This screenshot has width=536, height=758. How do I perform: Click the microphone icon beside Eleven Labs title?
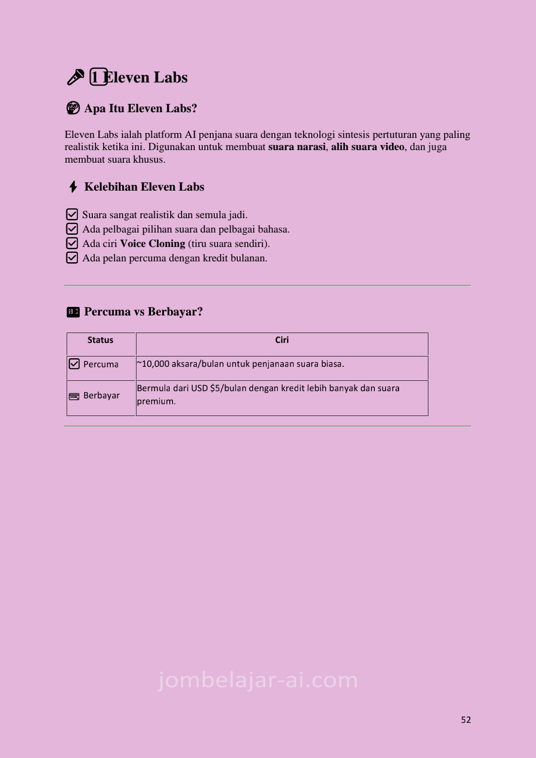[75, 77]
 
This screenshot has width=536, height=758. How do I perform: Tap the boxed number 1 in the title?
[98, 77]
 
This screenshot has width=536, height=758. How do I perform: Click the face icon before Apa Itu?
[73, 108]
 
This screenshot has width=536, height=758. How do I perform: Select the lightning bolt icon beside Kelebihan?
[73, 187]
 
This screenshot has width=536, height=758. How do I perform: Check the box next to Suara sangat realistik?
[72, 215]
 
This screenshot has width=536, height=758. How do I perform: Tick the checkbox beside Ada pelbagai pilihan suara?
[72, 229]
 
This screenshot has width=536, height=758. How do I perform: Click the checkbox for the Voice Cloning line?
[72, 243]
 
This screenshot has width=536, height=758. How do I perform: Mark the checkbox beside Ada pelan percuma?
[72, 258]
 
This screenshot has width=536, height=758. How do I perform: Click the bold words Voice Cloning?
[152, 244]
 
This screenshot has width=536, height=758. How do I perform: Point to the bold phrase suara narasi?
[297, 147]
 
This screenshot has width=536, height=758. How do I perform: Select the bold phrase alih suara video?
[368, 147]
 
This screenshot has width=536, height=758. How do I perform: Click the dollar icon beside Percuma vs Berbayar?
[73, 312]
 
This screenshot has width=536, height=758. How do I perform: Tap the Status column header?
[100, 340]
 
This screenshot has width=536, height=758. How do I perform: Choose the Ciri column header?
[282, 340]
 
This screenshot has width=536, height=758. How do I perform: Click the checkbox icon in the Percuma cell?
[74, 364]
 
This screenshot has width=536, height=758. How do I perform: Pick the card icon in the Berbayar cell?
[74, 396]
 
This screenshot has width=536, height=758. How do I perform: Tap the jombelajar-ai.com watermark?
[258, 680]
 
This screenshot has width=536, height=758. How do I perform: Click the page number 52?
[466, 720]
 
